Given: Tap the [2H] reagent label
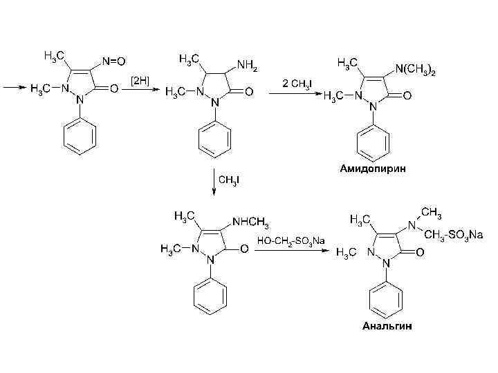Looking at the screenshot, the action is point(140,82).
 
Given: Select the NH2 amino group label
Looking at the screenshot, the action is point(247,65).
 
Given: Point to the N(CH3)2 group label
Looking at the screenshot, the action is point(415,69).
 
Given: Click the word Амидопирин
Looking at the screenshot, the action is point(373,169).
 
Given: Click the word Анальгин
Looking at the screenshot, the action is point(387,325).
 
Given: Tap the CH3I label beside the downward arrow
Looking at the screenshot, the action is point(230,181).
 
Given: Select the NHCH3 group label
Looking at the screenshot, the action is point(251,222).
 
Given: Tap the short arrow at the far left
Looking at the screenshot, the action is point(14,88).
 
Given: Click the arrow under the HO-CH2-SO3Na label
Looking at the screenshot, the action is point(290,250).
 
